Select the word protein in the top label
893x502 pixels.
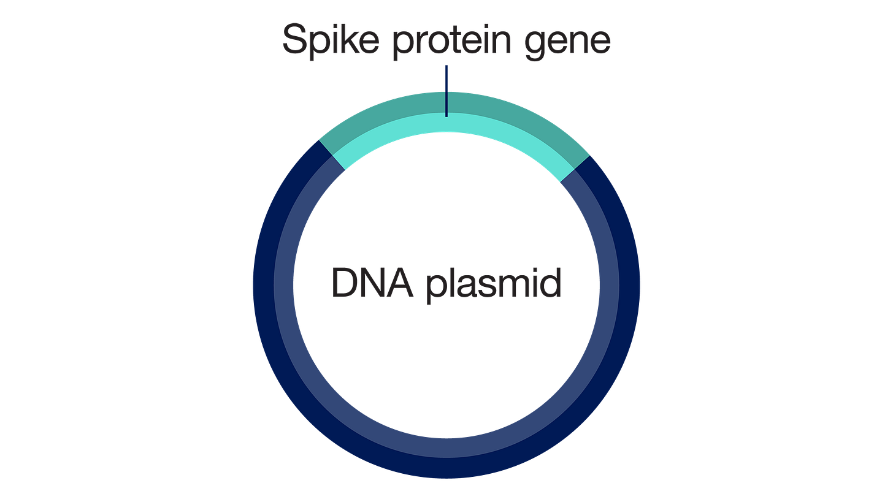pos(451,42)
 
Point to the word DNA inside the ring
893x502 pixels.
pos(372,283)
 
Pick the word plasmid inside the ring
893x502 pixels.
pos(494,284)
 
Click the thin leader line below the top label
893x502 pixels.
pos(447,91)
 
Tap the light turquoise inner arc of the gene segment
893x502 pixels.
pos(447,123)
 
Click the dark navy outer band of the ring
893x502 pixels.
pos(447,468)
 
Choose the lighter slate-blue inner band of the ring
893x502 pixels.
pos(447,448)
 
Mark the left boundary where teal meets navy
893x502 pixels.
pos(332,156)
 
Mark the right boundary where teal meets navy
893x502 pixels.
pos(575,169)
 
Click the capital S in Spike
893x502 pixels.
pos(296,39)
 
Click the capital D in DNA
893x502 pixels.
pos(345,283)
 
